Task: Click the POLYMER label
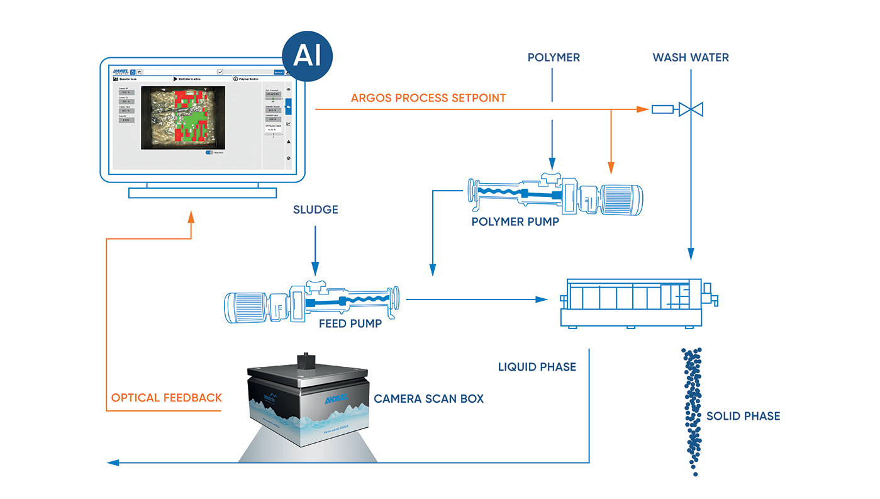point(554,58)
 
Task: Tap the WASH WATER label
point(691,58)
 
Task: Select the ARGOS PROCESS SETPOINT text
point(428,98)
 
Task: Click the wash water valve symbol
point(691,109)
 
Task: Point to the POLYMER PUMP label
point(515,221)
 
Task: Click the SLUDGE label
point(316,210)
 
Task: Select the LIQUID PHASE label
point(537,367)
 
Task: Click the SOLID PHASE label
point(743,416)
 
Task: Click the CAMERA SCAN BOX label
point(429,398)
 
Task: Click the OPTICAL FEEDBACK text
point(167,398)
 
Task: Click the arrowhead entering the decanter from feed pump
point(542,299)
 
